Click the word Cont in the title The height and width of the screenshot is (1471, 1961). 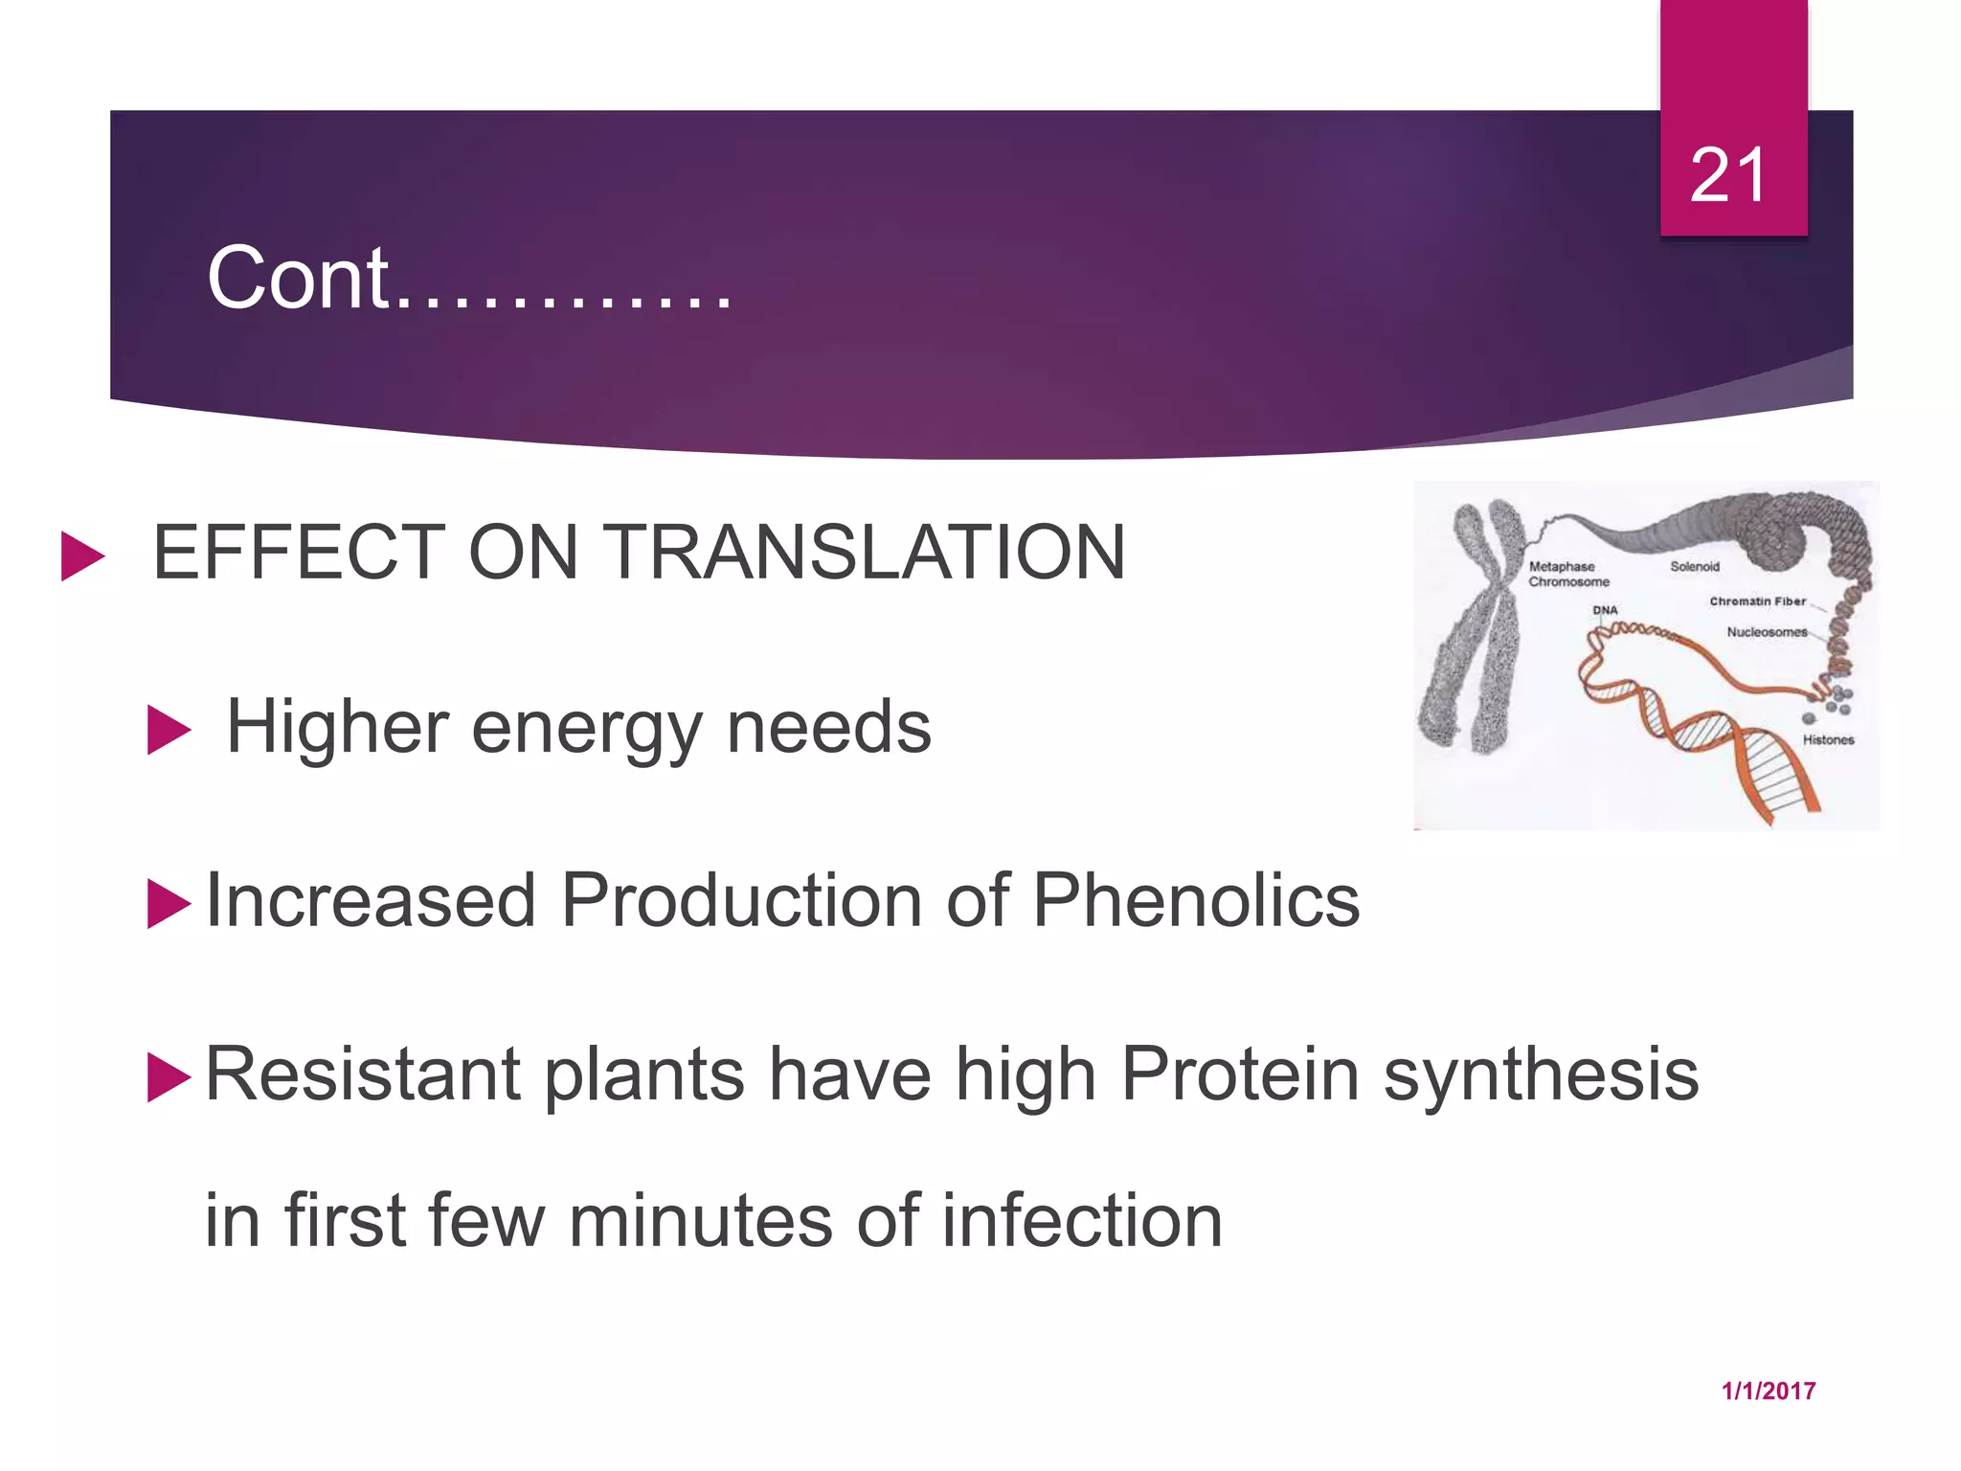(x=298, y=279)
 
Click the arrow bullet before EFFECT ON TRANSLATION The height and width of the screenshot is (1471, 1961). (x=81, y=556)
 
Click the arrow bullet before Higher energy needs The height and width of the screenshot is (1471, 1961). (x=169, y=731)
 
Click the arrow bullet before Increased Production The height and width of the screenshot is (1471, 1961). (x=169, y=904)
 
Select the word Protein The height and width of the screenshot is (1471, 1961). (x=1240, y=1075)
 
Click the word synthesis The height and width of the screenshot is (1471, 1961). (x=1541, y=1075)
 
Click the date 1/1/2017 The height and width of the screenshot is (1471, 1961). (x=1768, y=1392)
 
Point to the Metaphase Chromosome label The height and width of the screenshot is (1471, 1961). (x=1567, y=575)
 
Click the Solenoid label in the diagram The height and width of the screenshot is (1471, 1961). (x=1694, y=567)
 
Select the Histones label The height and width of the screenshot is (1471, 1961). (x=1827, y=740)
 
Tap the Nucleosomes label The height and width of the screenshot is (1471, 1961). (x=1766, y=632)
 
